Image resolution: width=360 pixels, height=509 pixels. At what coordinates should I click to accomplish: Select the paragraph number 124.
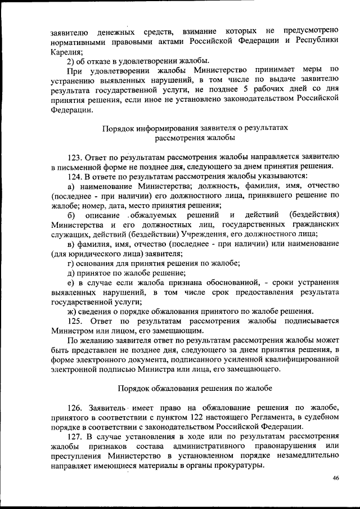click(x=75, y=176)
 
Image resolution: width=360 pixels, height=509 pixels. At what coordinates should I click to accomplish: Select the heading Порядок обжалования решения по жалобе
click(x=195, y=388)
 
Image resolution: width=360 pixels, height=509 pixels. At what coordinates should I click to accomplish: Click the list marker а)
click(x=71, y=186)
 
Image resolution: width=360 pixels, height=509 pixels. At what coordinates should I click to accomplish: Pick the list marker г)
click(x=71, y=263)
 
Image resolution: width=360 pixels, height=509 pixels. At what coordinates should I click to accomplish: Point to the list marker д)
click(x=71, y=273)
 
